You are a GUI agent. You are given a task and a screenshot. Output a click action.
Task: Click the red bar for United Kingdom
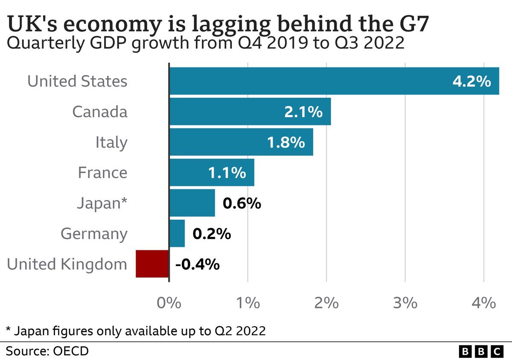click(x=152, y=264)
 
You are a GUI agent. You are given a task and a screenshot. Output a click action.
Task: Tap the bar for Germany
click(x=177, y=233)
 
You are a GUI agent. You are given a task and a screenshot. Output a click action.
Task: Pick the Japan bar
click(x=192, y=203)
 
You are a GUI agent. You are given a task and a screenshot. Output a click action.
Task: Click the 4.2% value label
click(x=471, y=81)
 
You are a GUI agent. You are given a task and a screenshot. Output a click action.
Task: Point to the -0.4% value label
click(x=197, y=264)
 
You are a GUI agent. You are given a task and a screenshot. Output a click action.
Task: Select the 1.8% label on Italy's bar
click(x=286, y=142)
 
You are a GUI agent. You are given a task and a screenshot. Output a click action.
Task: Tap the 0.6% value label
click(x=241, y=203)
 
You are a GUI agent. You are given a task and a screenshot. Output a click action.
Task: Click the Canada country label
click(x=100, y=112)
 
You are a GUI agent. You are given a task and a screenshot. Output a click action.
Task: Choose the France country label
click(x=102, y=173)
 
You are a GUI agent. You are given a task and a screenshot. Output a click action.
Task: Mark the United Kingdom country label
click(x=67, y=264)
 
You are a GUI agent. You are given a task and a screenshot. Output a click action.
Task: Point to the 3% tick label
click(x=404, y=303)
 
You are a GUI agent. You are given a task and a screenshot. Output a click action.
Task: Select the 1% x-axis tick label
click(x=247, y=303)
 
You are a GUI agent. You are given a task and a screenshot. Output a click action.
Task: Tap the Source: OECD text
click(x=47, y=351)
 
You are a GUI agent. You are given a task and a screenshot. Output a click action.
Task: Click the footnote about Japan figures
click(x=136, y=331)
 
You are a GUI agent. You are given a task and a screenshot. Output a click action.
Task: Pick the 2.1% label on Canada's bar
click(x=303, y=112)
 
